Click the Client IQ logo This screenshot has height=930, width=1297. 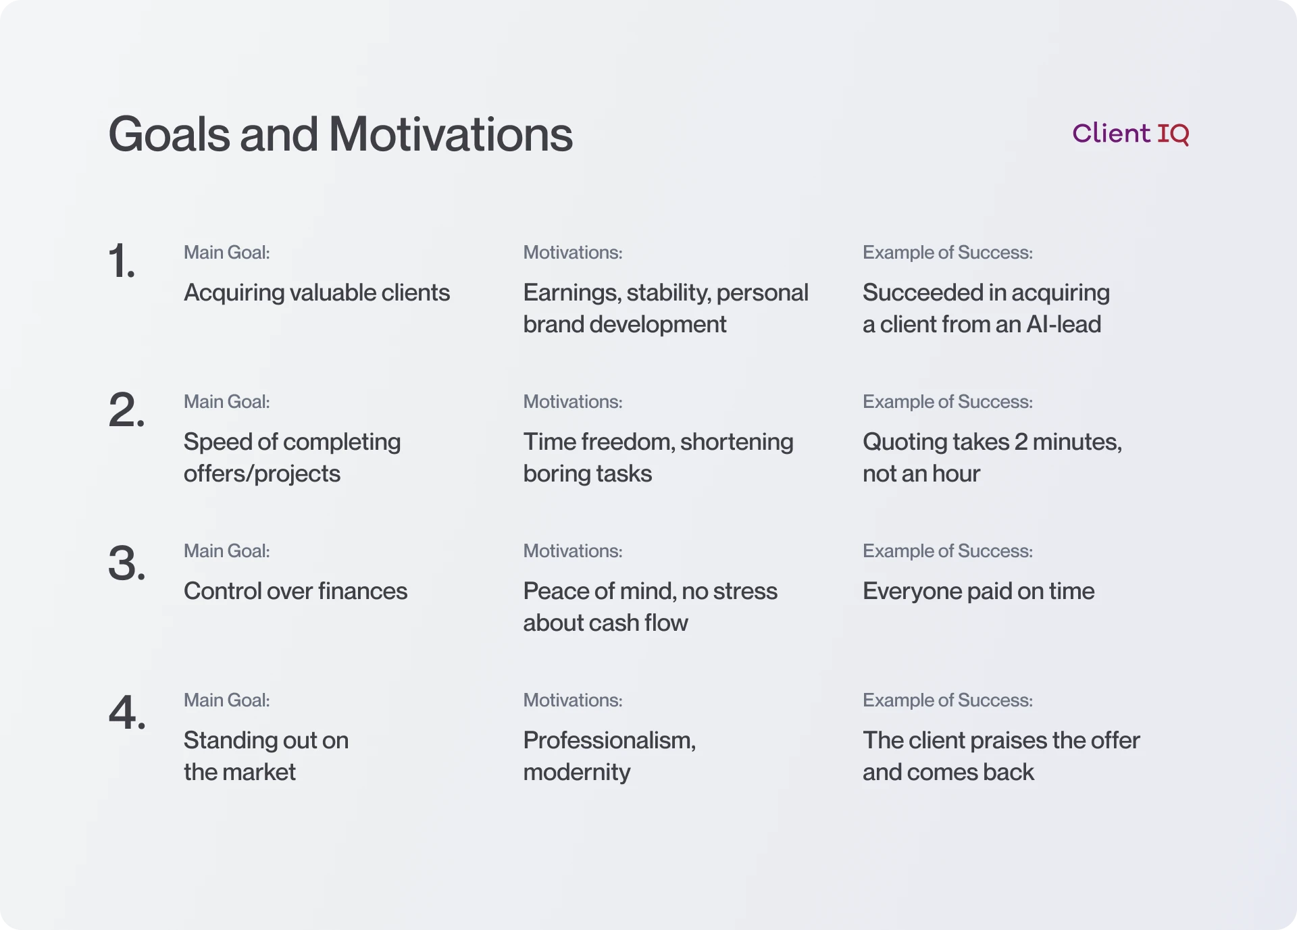[x=1130, y=134]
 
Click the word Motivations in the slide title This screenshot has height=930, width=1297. [x=451, y=134]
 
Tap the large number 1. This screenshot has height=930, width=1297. [x=121, y=261]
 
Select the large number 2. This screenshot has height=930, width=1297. [x=126, y=410]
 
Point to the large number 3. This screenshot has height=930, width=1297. [x=126, y=563]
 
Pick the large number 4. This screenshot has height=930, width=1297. [x=126, y=713]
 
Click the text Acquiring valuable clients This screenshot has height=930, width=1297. [x=316, y=293]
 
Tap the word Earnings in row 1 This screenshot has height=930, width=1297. [x=571, y=293]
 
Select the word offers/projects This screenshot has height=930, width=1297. [x=261, y=474]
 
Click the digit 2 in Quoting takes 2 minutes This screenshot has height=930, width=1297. [x=1021, y=442]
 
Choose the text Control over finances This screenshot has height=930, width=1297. [x=295, y=592]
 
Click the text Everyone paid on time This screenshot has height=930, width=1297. [x=978, y=592]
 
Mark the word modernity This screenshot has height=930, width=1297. [x=576, y=773]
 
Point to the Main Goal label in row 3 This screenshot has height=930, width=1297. [x=226, y=551]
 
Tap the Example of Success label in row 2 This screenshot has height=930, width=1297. [x=947, y=402]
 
